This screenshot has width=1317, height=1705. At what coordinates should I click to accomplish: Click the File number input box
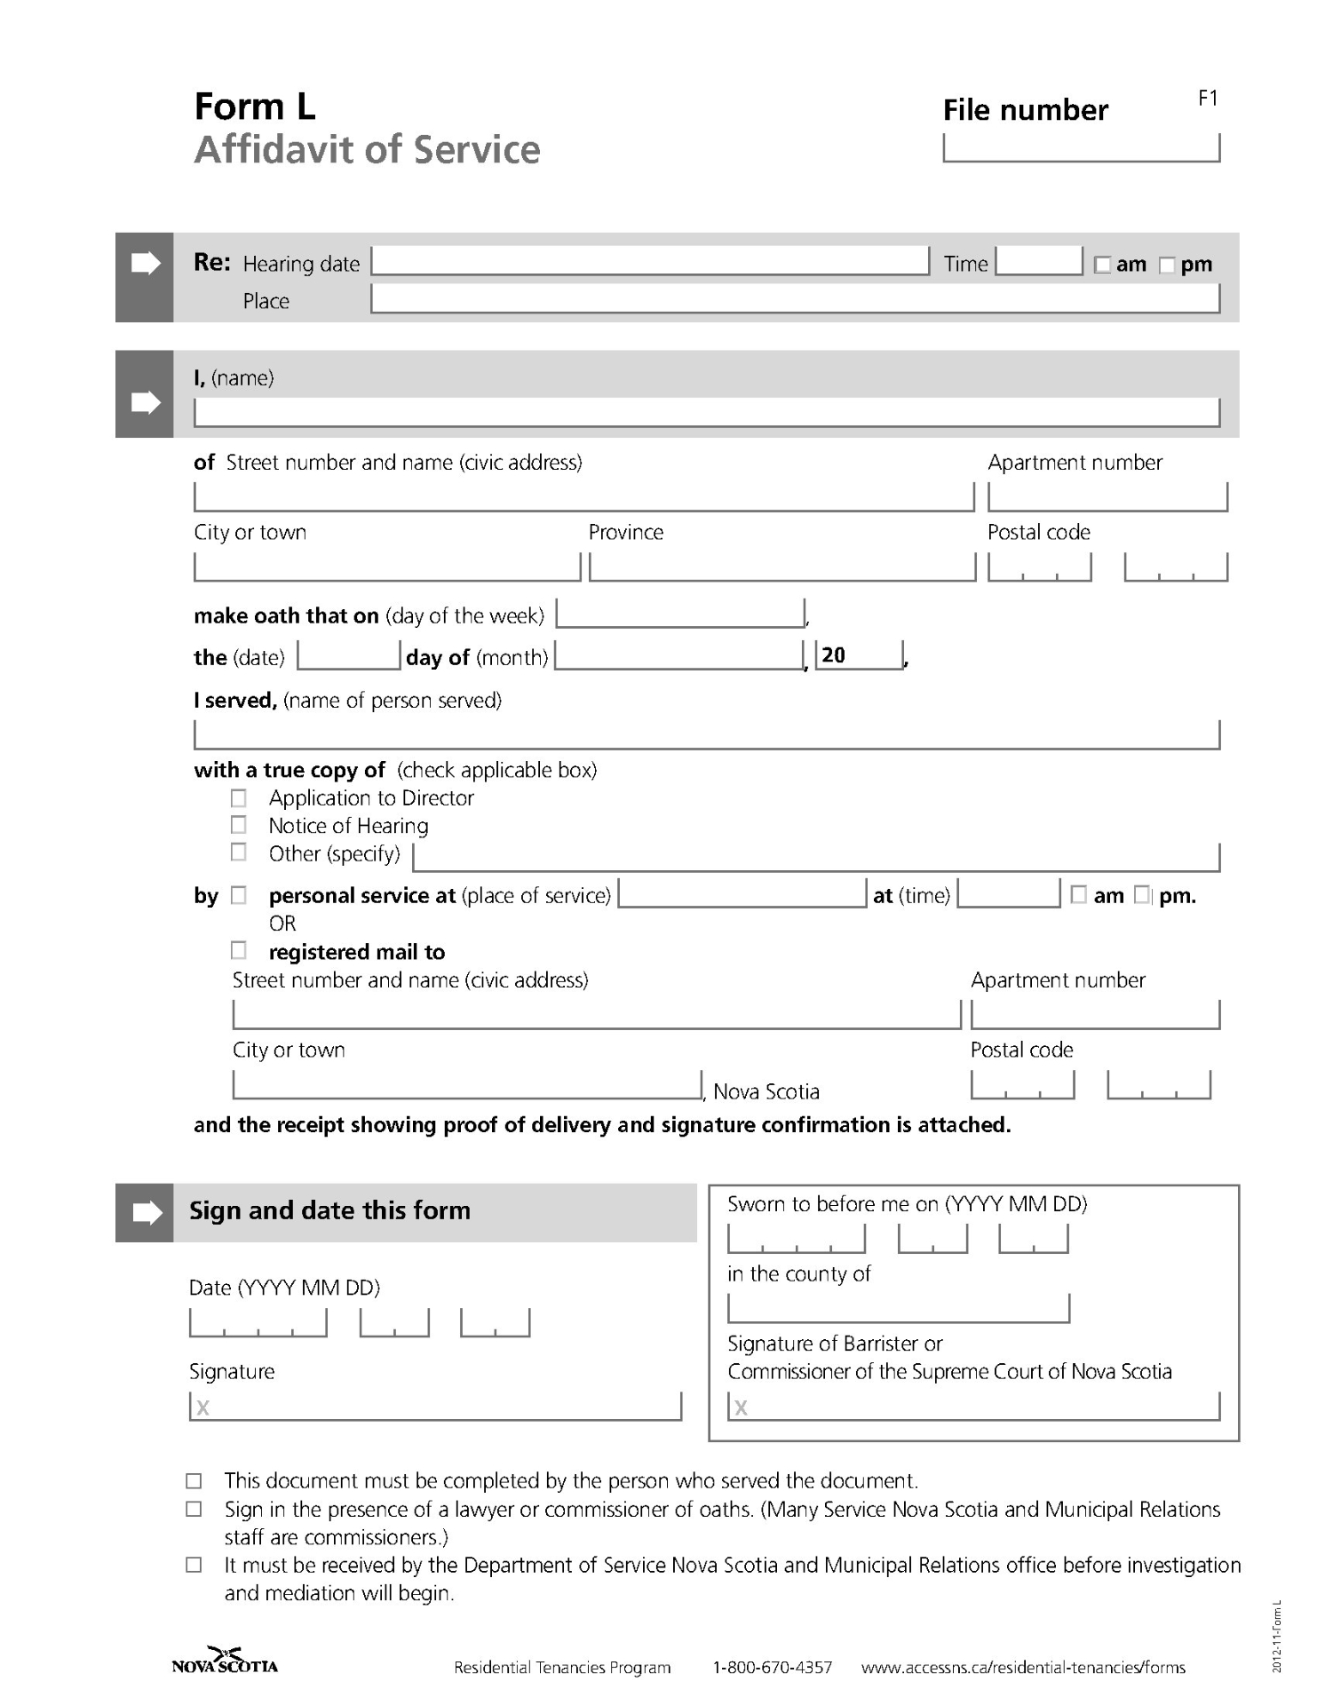click(1081, 147)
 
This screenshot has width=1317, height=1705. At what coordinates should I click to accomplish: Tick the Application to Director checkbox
click(238, 797)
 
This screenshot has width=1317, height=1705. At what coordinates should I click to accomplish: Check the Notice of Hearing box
click(238, 825)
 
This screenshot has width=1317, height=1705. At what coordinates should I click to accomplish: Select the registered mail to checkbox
click(238, 951)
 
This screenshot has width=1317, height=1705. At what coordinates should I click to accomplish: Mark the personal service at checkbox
click(238, 895)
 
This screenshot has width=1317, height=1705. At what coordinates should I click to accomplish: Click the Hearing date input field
click(650, 261)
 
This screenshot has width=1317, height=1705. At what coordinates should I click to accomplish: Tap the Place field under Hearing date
click(795, 299)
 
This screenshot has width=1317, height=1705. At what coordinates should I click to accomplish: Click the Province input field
click(781, 567)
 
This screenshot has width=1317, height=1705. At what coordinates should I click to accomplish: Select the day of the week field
click(680, 614)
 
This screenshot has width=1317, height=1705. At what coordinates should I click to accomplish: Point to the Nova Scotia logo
click(225, 1661)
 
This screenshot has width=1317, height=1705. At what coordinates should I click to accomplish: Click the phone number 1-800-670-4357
click(772, 1668)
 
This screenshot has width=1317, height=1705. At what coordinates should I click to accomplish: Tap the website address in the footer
click(1023, 1668)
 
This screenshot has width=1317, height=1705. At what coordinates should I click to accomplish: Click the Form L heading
click(255, 107)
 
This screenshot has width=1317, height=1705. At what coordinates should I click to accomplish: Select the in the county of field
click(898, 1308)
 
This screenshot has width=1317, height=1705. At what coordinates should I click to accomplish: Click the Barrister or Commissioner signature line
click(973, 1406)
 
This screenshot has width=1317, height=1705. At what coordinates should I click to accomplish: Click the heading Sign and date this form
click(329, 1210)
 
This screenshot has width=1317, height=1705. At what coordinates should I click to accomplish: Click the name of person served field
click(706, 734)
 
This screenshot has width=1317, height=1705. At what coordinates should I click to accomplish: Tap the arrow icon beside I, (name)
click(145, 402)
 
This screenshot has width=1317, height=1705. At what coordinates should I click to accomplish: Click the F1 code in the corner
click(1208, 98)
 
